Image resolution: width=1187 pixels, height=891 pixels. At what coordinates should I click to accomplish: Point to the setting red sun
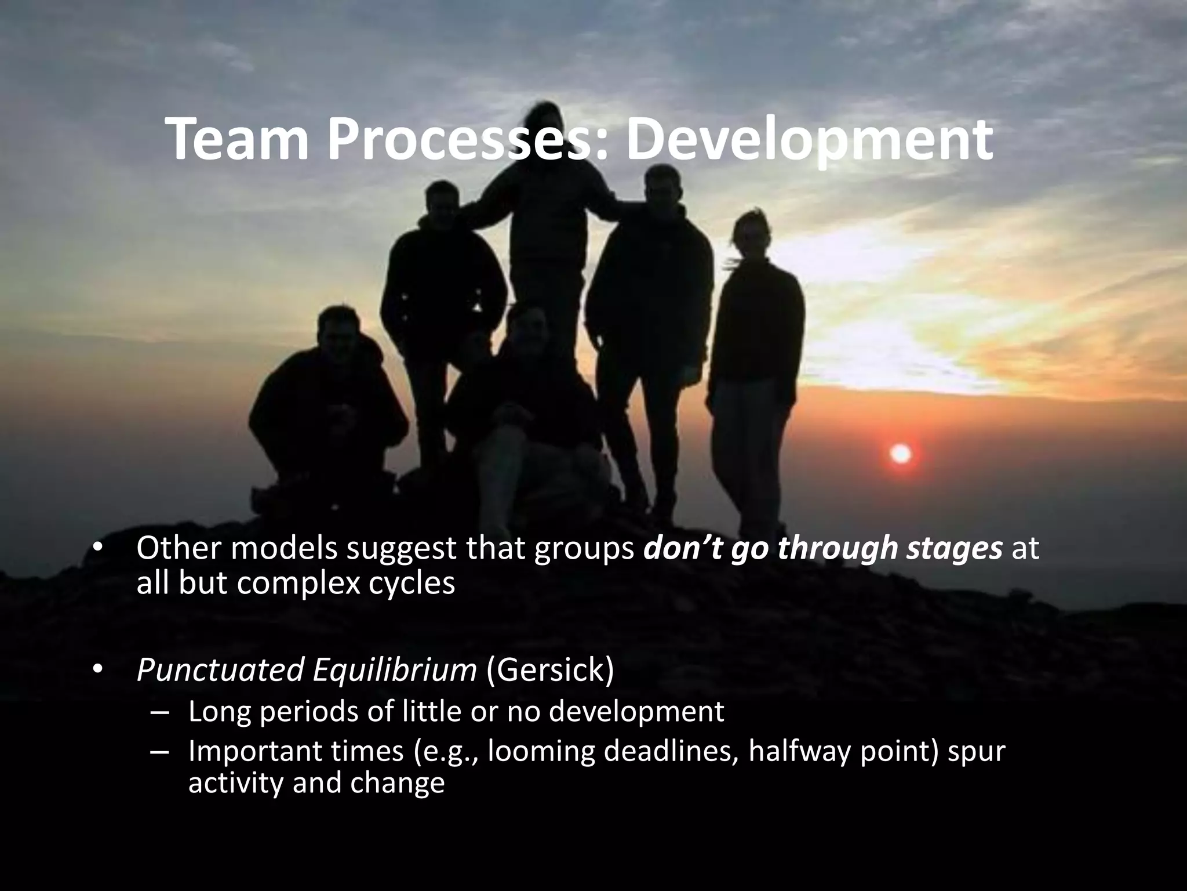click(900, 454)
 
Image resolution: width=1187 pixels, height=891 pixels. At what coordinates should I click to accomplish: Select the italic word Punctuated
click(220, 671)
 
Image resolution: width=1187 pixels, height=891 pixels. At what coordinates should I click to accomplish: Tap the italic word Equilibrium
click(394, 671)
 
